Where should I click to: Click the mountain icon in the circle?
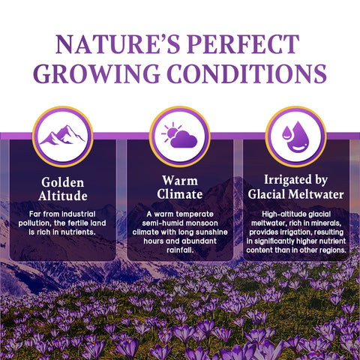(63, 136)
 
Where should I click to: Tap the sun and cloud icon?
(180, 136)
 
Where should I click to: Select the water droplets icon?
(296, 136)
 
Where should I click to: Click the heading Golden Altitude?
(63, 189)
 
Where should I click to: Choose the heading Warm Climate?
(180, 189)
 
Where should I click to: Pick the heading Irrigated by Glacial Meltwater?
(296, 188)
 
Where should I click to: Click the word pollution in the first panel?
(40, 223)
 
